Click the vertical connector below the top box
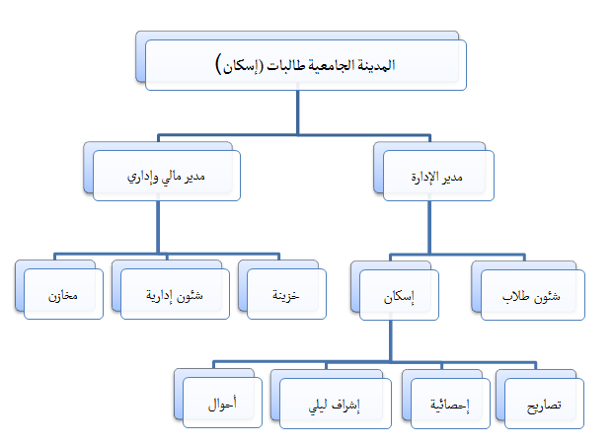[x=298, y=112]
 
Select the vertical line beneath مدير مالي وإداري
[x=158, y=227]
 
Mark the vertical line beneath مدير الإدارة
[x=429, y=228]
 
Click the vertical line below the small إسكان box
[x=390, y=340]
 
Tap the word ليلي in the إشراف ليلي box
[x=318, y=407]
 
